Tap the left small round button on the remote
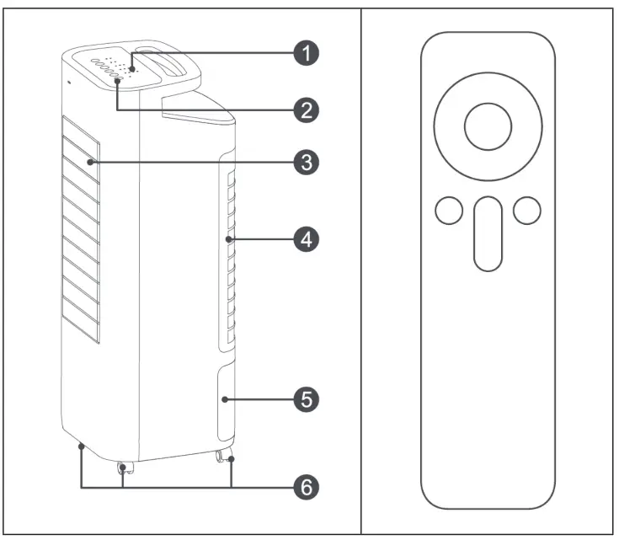tap(450, 211)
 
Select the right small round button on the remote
tap(526, 211)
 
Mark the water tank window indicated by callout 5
tap(227, 403)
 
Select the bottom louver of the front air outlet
tap(79, 329)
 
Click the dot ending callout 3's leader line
tap(88, 162)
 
